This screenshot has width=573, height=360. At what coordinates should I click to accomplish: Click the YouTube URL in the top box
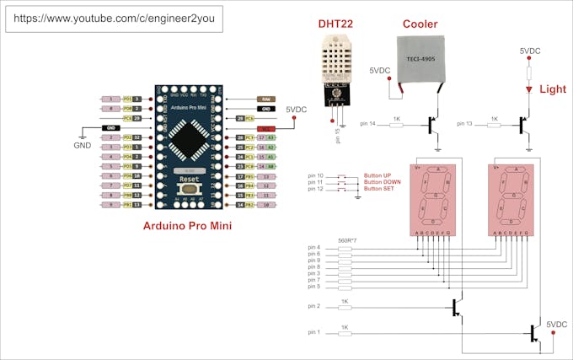click(114, 17)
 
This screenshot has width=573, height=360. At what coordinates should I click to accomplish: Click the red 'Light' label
click(553, 89)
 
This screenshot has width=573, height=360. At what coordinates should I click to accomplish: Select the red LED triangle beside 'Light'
click(528, 89)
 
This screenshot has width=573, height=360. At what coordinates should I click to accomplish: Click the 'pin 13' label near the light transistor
click(465, 124)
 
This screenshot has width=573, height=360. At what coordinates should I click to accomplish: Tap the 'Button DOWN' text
click(383, 182)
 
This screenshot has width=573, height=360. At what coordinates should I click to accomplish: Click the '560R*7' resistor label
click(346, 240)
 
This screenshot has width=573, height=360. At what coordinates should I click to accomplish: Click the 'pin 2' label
click(314, 308)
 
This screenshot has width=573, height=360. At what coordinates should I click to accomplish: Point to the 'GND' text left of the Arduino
click(82, 145)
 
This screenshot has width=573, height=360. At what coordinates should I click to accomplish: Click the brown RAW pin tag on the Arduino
click(265, 99)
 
